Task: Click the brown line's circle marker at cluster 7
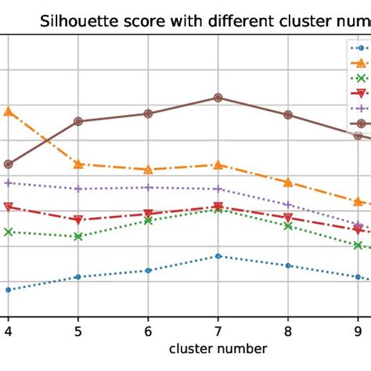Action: pos(218,98)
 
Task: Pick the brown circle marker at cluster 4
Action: pos(9,164)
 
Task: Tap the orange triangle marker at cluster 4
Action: pos(9,111)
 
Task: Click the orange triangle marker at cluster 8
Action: pos(288,182)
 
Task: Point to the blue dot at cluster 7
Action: pos(218,256)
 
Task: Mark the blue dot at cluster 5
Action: pos(78,276)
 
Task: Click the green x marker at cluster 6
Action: pos(148,221)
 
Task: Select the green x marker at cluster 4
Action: pos(9,232)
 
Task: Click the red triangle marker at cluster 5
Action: pos(78,220)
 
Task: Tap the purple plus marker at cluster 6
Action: pos(148,187)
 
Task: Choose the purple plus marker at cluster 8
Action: pos(288,204)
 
